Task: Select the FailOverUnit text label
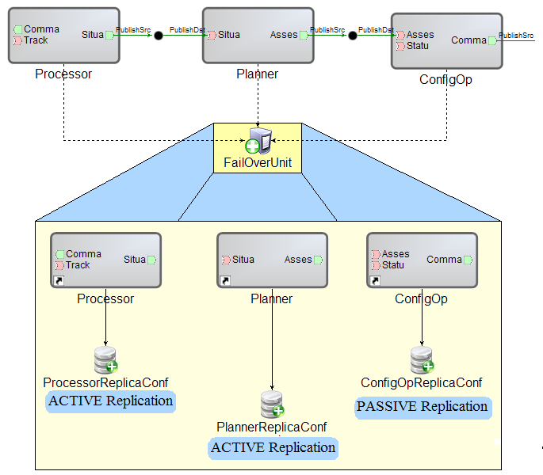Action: (x=258, y=163)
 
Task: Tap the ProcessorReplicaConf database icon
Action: (x=105, y=360)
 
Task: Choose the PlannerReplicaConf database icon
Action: (x=273, y=405)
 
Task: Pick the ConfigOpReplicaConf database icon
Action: (x=422, y=360)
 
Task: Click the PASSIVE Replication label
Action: (x=422, y=407)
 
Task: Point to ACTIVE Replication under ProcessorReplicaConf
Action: (x=111, y=401)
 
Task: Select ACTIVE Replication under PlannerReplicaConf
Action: (x=273, y=448)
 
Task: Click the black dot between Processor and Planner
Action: (x=159, y=36)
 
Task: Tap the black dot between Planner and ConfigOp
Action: (x=353, y=36)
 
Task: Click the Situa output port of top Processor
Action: (x=110, y=35)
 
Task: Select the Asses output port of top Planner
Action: (x=304, y=35)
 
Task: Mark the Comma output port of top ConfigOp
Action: (x=492, y=40)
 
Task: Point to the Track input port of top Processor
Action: (x=17, y=40)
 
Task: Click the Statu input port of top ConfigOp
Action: (x=400, y=45)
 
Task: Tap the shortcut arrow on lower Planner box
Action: (x=224, y=281)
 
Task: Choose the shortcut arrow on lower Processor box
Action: (x=58, y=281)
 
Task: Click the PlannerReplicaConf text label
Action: (x=272, y=427)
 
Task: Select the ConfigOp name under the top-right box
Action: (x=445, y=80)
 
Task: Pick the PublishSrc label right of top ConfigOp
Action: (x=515, y=35)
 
